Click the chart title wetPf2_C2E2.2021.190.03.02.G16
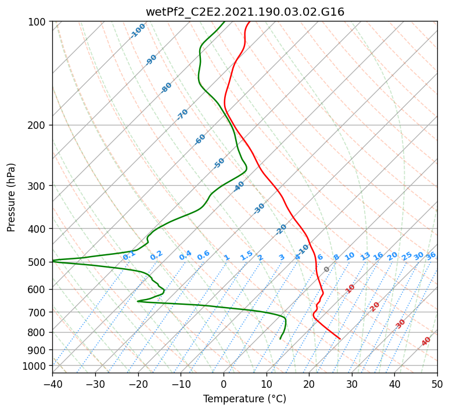click(245, 12)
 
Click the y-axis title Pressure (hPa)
click(10, 197)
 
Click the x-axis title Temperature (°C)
click(245, 399)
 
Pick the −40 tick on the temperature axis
click(53, 384)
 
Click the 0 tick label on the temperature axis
click(224, 384)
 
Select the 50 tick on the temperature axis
click(437, 384)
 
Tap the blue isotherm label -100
click(138, 31)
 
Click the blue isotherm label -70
click(182, 114)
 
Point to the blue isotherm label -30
click(259, 208)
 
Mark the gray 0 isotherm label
click(326, 269)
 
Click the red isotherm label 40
click(426, 341)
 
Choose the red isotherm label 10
click(350, 289)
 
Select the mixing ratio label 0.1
click(129, 255)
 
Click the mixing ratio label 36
click(431, 256)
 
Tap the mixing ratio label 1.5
click(246, 255)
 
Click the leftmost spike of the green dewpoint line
click(53, 261)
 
